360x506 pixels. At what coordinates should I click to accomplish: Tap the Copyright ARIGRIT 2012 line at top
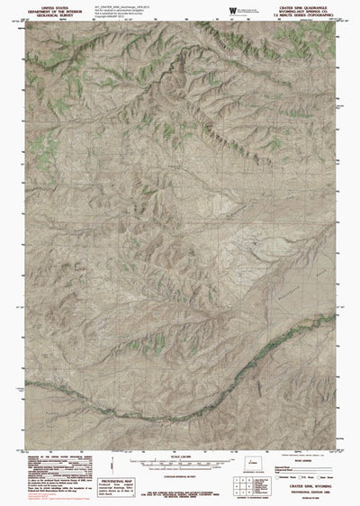121,20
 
